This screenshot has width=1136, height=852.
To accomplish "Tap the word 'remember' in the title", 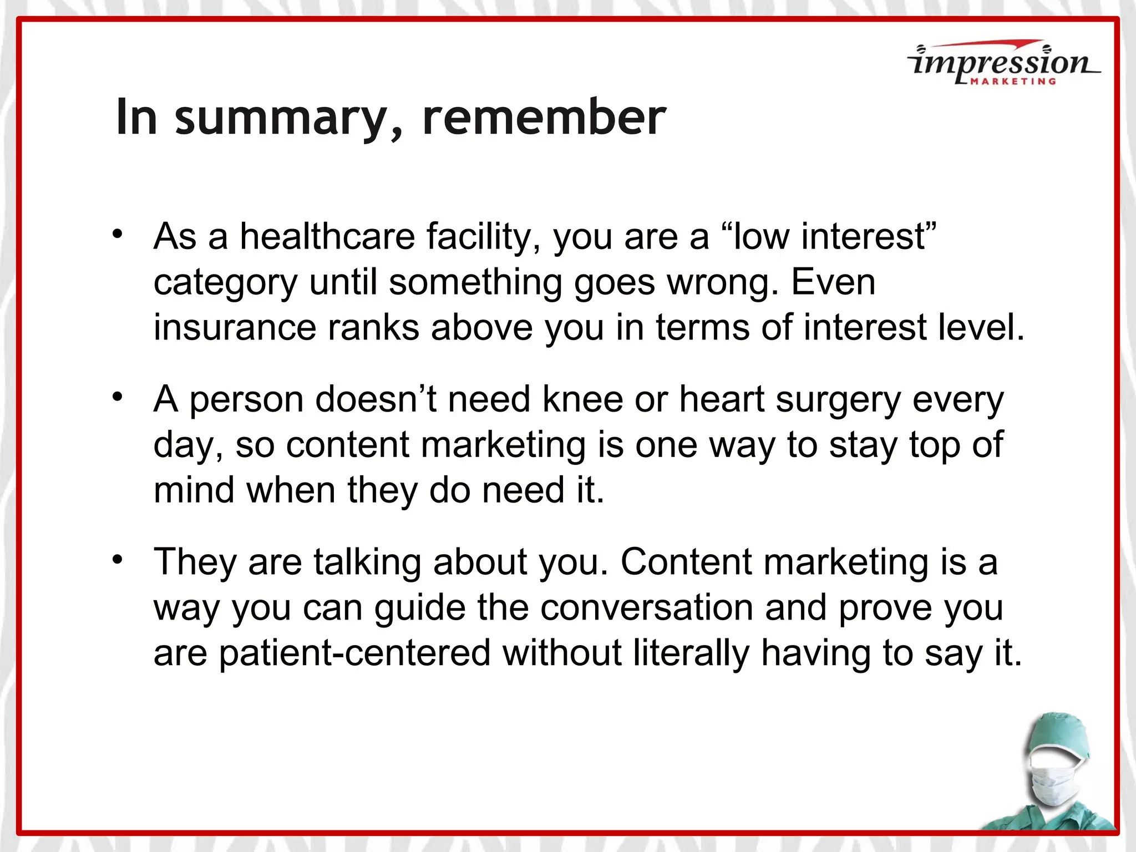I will [x=544, y=117].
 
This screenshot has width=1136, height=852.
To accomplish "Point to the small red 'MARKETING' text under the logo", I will [x=1013, y=82].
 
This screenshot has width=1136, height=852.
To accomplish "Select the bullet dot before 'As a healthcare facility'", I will [x=117, y=234].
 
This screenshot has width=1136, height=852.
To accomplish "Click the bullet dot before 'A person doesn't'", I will [x=117, y=397].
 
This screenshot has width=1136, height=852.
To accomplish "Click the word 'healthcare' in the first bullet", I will [x=327, y=237].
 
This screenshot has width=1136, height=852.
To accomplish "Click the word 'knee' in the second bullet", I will [x=582, y=399].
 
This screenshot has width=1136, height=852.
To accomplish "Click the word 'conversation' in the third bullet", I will [x=646, y=608].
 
